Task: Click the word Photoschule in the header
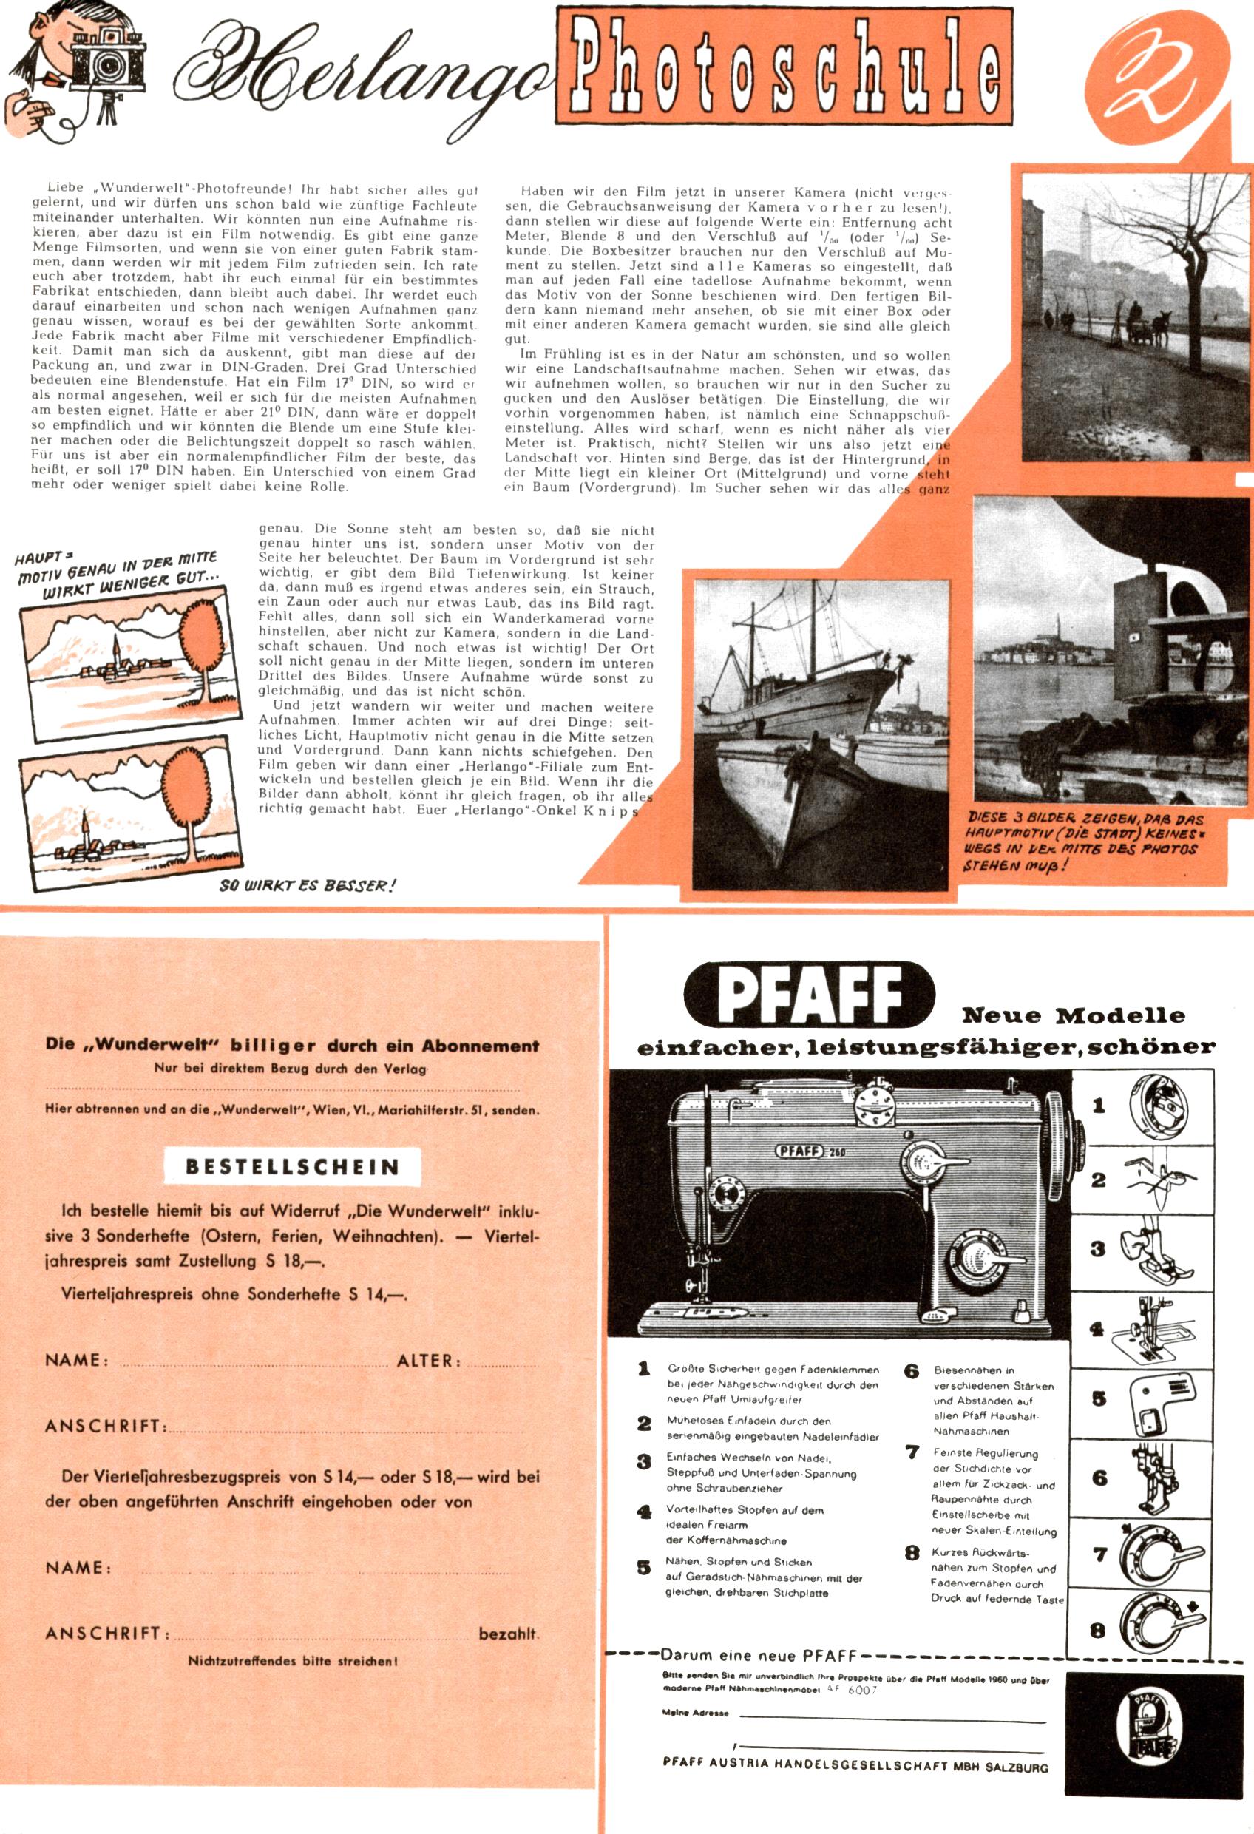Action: tap(783, 67)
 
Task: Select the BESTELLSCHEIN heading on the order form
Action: tap(292, 1166)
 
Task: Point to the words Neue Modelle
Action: tap(1074, 1015)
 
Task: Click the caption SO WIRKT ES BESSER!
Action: tap(307, 884)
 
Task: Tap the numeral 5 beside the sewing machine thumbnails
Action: tap(1099, 1399)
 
